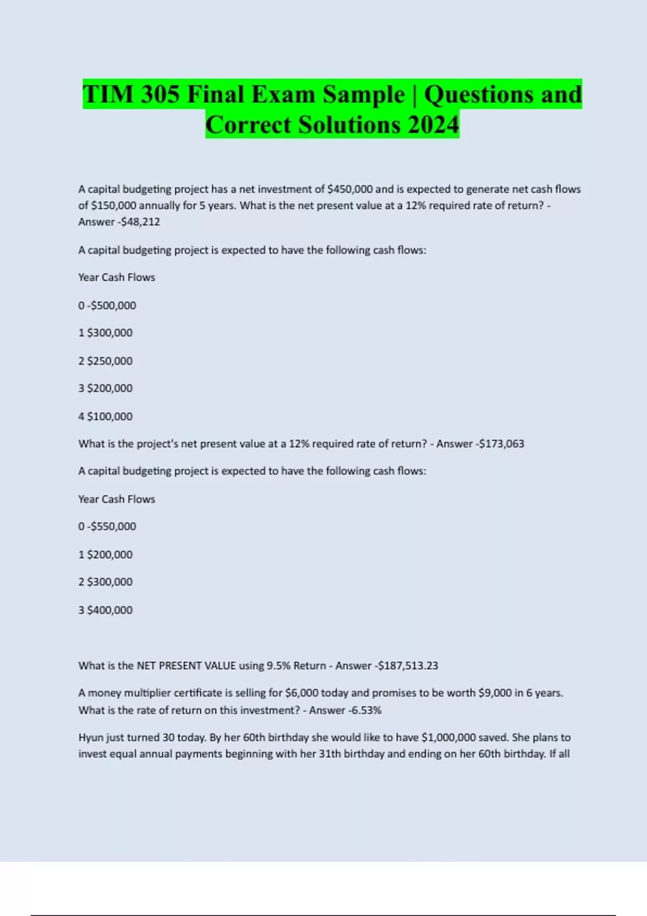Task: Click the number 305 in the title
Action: click(160, 95)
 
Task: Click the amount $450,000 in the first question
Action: click(350, 189)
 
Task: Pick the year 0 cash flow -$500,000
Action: click(111, 306)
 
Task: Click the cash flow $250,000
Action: click(109, 361)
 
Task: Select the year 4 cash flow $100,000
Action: click(109, 417)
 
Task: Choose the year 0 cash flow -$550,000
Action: click(111, 526)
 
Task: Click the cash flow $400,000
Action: click(109, 610)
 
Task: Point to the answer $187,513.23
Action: click(408, 665)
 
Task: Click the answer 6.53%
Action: click(367, 710)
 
